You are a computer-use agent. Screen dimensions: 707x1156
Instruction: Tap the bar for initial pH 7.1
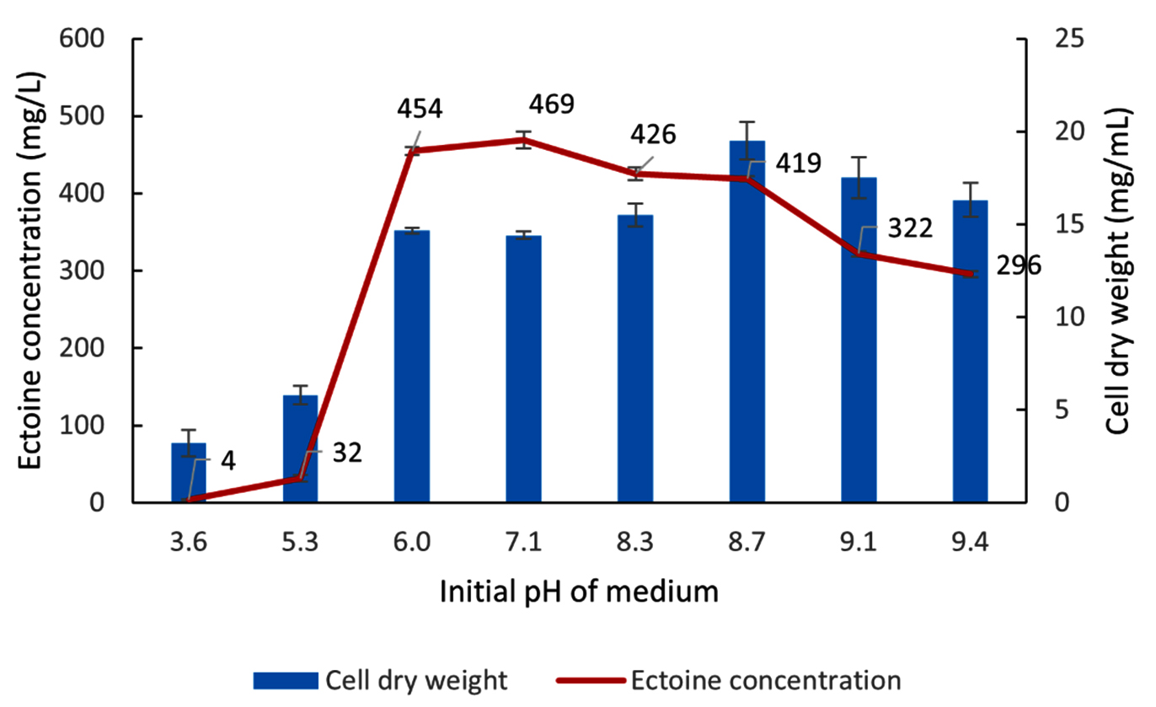pyautogui.click(x=523, y=371)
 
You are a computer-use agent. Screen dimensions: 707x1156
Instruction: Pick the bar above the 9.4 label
pyautogui.click(x=970, y=354)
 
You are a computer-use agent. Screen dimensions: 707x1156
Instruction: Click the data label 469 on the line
pyautogui.click(x=552, y=104)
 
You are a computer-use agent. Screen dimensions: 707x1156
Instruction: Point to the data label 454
pyautogui.click(x=420, y=109)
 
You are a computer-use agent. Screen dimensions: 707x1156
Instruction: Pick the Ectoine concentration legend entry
pyautogui.click(x=731, y=680)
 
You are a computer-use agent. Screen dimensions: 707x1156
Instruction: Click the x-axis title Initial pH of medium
pyautogui.click(x=579, y=592)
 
